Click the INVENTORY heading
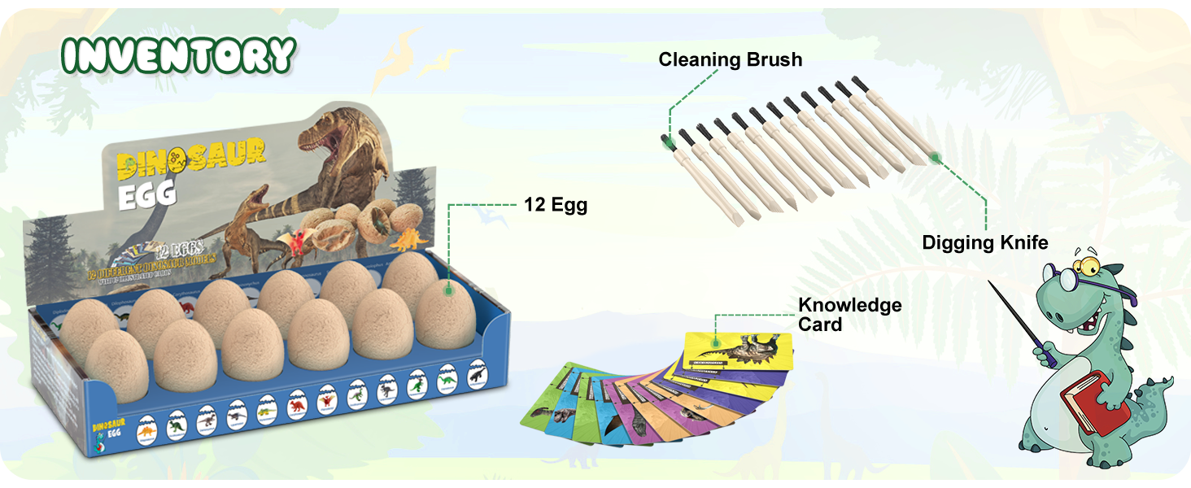point(179,55)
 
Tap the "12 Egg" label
point(556,205)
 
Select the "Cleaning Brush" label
point(730,59)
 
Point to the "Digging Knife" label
point(984,242)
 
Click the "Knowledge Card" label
point(849,314)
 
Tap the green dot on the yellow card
point(716,342)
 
